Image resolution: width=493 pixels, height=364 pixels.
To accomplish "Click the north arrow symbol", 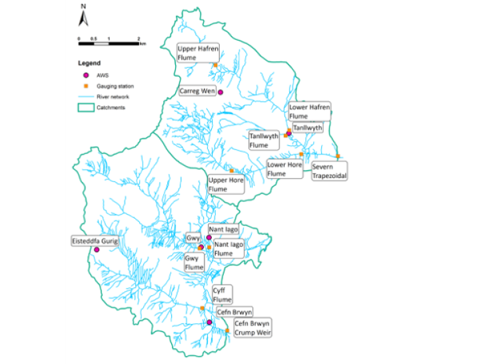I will coord(83,15).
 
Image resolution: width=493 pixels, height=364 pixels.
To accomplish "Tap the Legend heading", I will coord(89,63).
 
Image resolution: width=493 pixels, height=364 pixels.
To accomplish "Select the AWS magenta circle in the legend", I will coord(85,76).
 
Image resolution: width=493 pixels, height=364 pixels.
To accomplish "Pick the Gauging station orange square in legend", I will coord(85,86).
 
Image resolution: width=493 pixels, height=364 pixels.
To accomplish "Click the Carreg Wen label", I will coord(196,90).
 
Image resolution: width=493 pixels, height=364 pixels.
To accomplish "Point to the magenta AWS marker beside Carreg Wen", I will coord(221,92).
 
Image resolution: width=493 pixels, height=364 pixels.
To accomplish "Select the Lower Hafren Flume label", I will coord(309,111).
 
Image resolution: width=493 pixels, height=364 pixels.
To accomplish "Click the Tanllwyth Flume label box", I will coord(264,140).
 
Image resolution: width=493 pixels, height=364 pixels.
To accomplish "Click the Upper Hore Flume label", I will coord(227,185).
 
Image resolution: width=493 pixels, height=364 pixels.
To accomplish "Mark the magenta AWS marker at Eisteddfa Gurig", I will coord(97,250).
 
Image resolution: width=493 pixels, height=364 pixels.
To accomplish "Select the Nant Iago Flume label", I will coord(228,249).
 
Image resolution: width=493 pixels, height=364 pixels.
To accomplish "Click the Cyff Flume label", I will coord(221,295).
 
